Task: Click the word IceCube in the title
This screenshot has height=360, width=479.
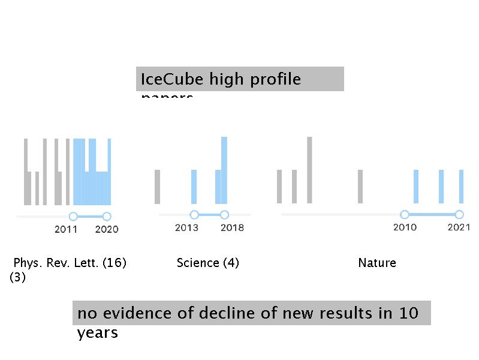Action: point(164,79)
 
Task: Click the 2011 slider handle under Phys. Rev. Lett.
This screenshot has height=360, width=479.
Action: point(73,216)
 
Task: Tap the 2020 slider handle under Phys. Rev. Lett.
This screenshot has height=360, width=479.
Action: point(107,216)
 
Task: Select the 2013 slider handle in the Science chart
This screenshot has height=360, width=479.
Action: point(194,215)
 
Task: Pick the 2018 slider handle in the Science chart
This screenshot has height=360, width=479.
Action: point(224,215)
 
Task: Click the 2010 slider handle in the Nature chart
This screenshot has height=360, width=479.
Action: point(405,214)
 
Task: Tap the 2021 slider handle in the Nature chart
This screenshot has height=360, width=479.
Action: point(459,214)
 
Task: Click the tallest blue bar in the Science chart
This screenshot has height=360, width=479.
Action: point(224,170)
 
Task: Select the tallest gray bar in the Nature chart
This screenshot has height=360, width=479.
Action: point(309,170)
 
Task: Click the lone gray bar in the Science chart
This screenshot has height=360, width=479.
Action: point(158,187)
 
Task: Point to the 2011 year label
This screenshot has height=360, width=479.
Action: point(66,229)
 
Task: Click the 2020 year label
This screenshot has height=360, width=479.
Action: point(107,229)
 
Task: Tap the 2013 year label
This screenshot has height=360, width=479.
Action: point(186,228)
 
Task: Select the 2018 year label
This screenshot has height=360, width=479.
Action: point(232,228)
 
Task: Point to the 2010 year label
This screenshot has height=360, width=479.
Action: point(405,227)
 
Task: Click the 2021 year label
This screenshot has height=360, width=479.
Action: point(459,227)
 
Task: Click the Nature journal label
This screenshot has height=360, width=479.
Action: point(377,263)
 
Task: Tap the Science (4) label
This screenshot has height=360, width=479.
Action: point(208,263)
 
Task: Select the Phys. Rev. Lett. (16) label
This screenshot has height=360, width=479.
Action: point(70,263)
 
